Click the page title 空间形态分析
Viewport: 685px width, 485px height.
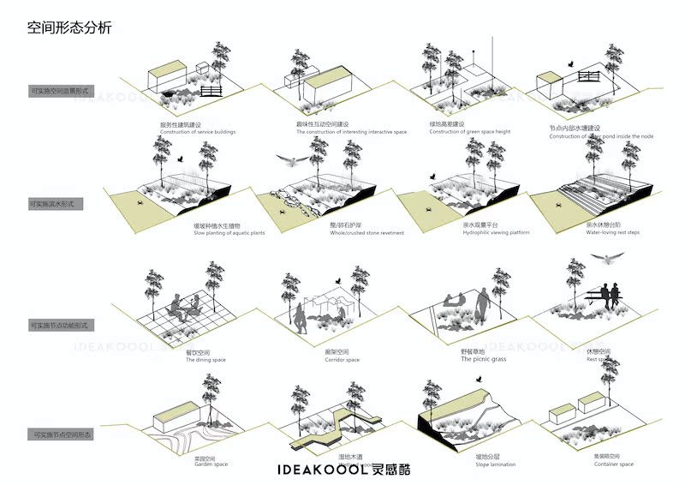pos(68,28)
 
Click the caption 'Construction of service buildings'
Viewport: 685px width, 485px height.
pos(197,132)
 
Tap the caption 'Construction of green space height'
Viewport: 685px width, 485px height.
pos(470,132)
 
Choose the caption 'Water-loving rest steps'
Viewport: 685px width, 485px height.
pos(615,232)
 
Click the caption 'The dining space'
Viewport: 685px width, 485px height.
pos(205,360)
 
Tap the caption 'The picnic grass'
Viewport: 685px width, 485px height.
pos(484,360)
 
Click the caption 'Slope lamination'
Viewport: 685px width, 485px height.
pos(496,464)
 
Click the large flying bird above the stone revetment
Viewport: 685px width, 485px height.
pos(292,159)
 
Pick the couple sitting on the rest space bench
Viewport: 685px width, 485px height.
pos(610,296)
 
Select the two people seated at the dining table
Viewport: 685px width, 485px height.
pos(185,307)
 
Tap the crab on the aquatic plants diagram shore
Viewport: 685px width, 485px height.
pos(140,202)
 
